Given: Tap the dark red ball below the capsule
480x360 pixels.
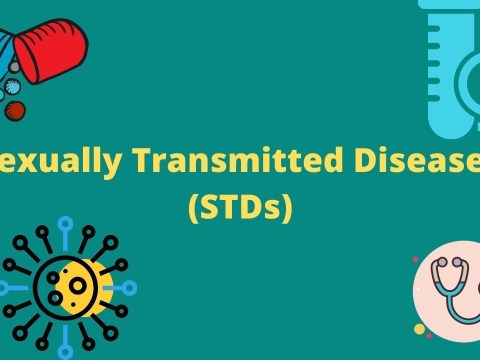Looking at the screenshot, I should coord(14,111).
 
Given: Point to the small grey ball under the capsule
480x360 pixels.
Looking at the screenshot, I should coord(13,67).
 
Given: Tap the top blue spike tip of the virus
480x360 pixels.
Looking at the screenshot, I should coord(66,222).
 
